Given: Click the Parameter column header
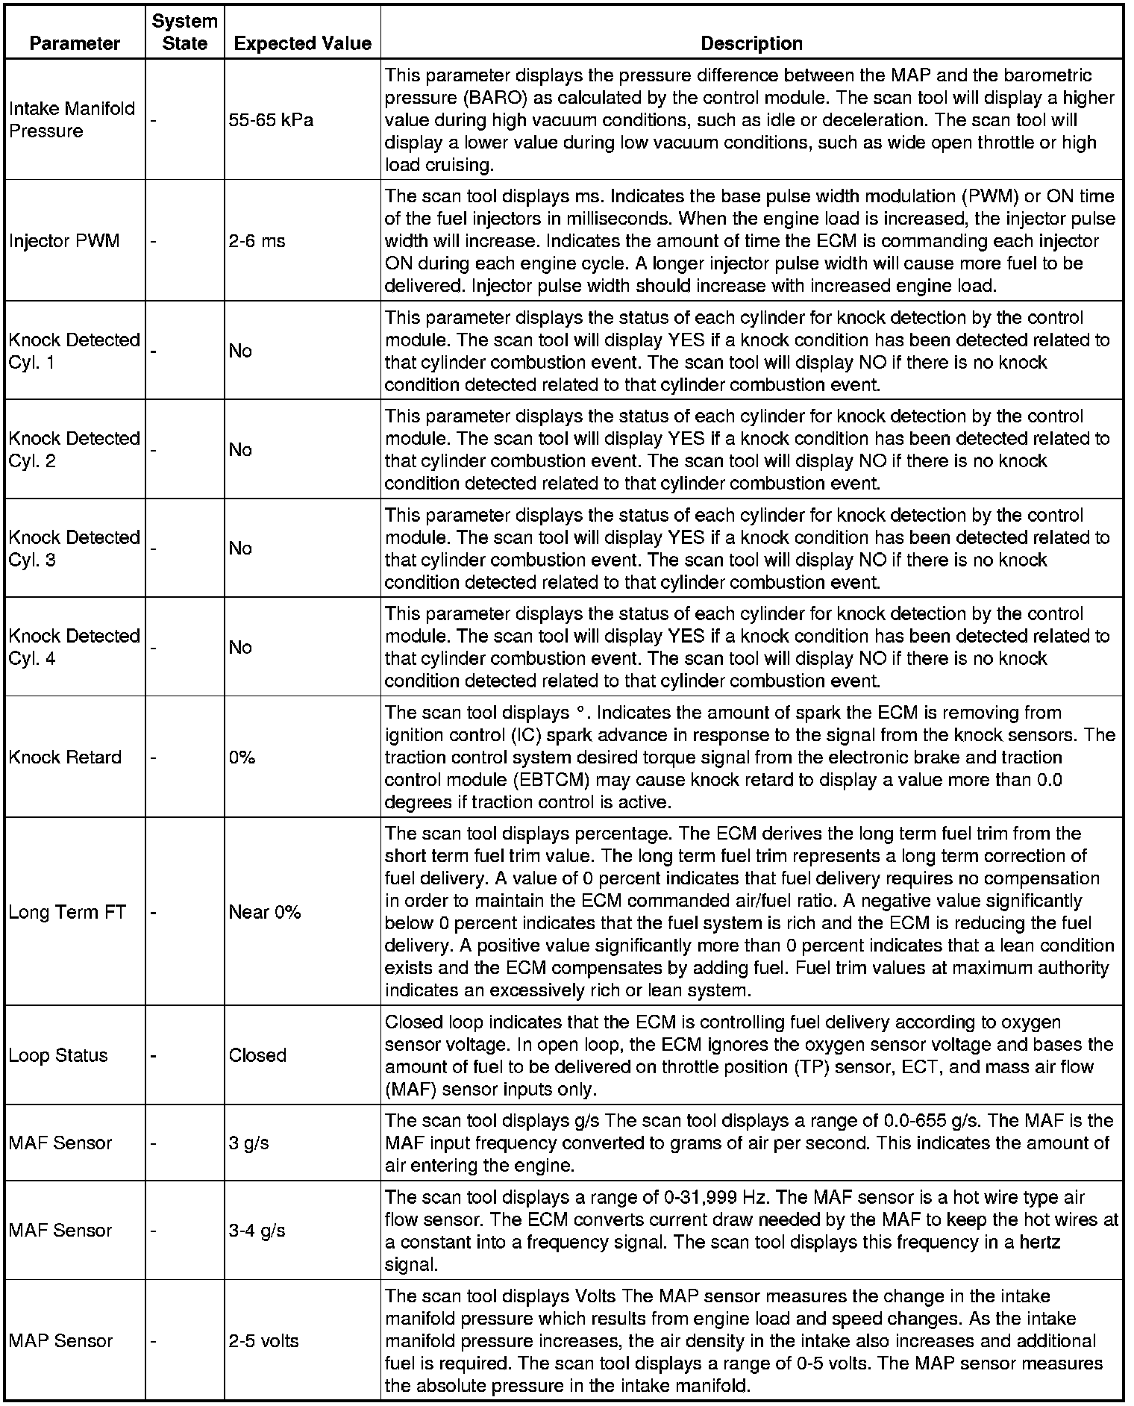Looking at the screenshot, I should click(75, 43).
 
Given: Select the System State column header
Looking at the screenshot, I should click(184, 32).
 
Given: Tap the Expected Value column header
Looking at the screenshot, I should click(302, 43).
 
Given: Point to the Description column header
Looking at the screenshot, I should click(751, 43).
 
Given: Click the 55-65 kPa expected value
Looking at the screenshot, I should click(271, 119).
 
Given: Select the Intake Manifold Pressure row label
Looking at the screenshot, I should click(72, 119).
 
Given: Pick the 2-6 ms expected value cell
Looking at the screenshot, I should click(257, 241).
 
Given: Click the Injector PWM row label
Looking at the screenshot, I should click(64, 241).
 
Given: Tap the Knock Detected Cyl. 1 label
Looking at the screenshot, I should click(74, 351).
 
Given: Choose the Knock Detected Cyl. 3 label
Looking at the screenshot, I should click(74, 549).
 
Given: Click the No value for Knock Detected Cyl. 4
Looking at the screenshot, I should click(240, 647).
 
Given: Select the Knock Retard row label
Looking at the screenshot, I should click(65, 757).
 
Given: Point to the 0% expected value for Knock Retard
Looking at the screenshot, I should click(242, 757).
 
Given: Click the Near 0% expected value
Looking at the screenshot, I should click(264, 912).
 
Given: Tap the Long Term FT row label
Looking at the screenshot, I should click(67, 912).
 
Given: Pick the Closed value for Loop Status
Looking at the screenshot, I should click(257, 1055).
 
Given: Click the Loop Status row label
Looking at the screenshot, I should click(58, 1055).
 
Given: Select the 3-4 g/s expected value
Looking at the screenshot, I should click(257, 1231).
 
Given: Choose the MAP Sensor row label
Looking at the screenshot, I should click(60, 1341).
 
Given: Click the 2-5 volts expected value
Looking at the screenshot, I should click(263, 1341).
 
